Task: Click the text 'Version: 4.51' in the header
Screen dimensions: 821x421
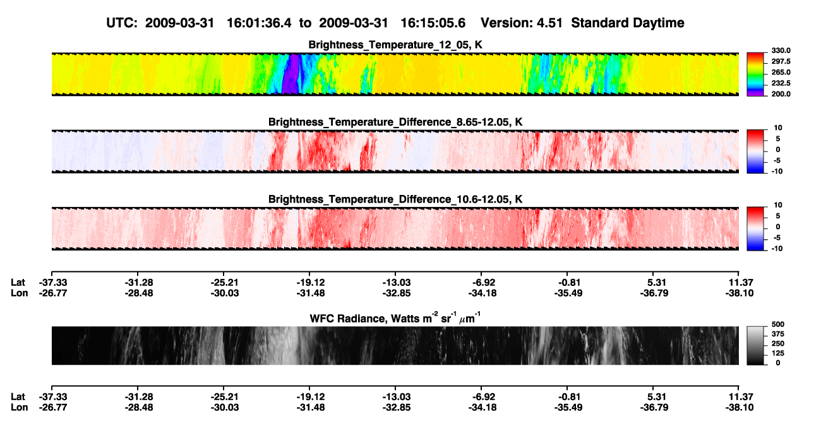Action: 521,23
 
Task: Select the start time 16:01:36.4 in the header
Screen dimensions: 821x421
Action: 259,23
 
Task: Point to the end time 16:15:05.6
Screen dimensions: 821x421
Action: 433,23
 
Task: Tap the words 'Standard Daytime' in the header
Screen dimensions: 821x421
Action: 628,23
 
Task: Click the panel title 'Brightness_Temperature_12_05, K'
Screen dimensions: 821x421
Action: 395,45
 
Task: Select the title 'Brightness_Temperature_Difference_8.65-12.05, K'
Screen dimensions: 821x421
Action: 395,122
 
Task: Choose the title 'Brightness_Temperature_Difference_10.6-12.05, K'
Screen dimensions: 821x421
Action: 395,199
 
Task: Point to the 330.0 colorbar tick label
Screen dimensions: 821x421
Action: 781,50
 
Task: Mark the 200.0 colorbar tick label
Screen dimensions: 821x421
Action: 781,94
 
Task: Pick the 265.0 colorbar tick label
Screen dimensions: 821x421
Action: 781,72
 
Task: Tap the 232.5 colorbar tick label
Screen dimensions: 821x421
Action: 781,83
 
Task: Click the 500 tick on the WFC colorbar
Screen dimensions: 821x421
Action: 778,324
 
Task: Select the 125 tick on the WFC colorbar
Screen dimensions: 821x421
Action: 778,353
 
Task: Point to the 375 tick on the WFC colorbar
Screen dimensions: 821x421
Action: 778,334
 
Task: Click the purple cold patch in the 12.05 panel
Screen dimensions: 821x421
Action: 291,74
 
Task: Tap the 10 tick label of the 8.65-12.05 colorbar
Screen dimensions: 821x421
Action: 778,128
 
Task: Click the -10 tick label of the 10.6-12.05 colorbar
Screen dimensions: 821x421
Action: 777,249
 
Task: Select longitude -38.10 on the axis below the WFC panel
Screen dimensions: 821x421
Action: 740,408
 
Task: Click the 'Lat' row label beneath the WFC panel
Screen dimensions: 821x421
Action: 18,397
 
